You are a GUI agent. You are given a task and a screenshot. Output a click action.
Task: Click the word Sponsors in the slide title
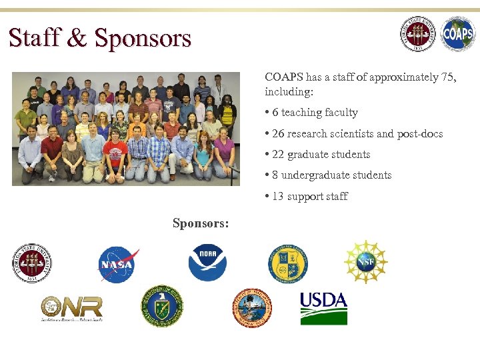[x=143, y=38]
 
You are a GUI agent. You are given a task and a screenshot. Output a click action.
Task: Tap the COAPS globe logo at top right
[x=458, y=34]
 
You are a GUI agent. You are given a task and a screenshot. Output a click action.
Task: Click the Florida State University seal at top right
[x=418, y=34]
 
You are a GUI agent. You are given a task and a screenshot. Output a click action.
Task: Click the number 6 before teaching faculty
[x=275, y=113]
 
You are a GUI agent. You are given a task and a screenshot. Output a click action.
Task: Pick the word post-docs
[x=420, y=133]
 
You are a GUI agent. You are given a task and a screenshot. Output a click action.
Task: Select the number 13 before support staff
[x=278, y=196]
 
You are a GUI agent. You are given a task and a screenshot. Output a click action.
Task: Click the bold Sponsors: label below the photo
[x=201, y=223]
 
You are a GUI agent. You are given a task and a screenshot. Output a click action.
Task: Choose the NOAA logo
[x=208, y=263]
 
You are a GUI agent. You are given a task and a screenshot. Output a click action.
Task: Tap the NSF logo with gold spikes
[x=365, y=262]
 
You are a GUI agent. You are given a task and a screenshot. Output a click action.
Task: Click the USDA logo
[x=323, y=307]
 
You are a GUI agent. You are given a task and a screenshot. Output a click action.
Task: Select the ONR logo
[x=71, y=308]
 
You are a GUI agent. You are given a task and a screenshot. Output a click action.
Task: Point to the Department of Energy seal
[x=162, y=307]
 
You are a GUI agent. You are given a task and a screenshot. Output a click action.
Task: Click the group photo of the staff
[x=126, y=128]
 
